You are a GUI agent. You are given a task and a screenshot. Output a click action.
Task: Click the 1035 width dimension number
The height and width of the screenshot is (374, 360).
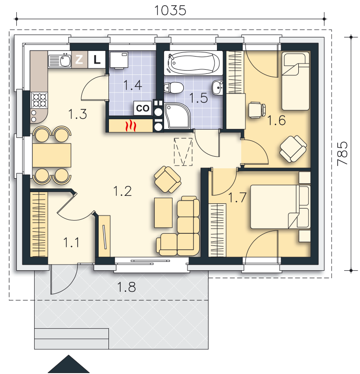coord(170,10)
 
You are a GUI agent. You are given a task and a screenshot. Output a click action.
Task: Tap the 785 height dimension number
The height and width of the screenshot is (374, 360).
coord(342,153)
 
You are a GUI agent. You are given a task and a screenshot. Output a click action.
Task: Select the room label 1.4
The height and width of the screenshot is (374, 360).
coord(133,85)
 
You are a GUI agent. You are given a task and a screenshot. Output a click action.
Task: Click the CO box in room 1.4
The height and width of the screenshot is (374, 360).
coord(143,108)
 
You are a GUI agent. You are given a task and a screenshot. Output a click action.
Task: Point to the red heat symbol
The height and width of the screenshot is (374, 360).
coord(131,126)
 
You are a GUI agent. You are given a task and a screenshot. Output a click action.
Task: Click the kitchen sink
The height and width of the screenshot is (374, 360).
coord(60,61)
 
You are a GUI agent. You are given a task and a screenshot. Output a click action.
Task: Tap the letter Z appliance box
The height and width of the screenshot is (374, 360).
coord(79,59)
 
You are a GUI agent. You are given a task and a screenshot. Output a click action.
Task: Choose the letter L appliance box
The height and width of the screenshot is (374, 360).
coord(97,59)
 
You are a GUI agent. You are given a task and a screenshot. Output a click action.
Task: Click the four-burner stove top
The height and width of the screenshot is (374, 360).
coord(39,101)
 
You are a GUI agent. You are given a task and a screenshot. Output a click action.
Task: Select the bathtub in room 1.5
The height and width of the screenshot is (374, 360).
coord(193,63)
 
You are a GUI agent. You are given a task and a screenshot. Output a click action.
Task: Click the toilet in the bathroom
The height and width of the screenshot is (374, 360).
coord(174,87)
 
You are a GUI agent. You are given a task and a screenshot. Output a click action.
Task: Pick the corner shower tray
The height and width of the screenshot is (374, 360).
coord(177,116)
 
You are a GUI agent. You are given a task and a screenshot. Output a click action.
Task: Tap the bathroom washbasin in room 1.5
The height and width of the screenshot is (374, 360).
coord(217,87)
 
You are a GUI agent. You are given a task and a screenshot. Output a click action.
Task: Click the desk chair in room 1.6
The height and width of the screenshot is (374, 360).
coord(257,110)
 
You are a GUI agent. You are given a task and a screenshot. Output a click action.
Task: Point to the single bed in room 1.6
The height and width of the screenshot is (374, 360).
coord(295,81)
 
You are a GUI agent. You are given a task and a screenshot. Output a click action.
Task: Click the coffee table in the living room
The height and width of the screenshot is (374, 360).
coord(164,212)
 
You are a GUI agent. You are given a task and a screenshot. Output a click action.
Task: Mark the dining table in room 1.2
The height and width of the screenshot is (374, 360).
coord(52,155)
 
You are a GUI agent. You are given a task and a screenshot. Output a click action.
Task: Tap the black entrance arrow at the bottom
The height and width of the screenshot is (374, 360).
coord(69,364)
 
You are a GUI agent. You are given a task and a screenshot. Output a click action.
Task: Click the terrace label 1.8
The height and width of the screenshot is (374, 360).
coord(126,287)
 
